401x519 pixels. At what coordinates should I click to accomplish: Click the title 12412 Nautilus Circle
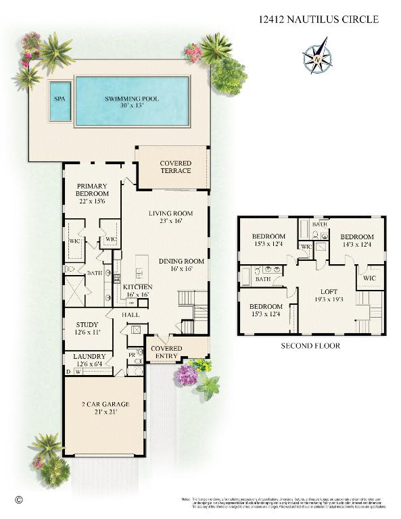(318, 20)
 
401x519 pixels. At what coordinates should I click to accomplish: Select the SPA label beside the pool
(60, 99)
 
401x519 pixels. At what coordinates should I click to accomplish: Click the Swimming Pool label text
(132, 102)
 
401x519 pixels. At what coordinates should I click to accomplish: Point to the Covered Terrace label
(175, 167)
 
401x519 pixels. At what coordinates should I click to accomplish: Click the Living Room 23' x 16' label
(171, 217)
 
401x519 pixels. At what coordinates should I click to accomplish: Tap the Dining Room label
(181, 265)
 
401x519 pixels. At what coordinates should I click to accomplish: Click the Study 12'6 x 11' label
(89, 328)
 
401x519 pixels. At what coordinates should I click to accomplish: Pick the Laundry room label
(89, 360)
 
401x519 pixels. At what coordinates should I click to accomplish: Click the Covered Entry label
(166, 352)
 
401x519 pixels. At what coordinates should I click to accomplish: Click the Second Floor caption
(310, 345)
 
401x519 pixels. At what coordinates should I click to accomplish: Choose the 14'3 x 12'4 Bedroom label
(356, 241)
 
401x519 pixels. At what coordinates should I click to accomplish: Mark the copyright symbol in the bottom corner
(19, 499)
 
